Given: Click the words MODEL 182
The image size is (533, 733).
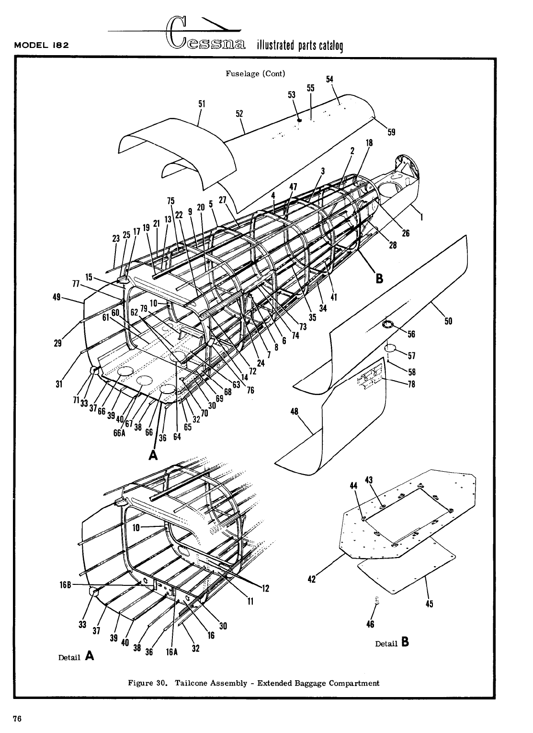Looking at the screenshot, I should click(42, 46).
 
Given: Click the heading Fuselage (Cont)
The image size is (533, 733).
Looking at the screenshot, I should click(255, 74).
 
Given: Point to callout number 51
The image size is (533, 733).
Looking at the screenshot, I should click(202, 103).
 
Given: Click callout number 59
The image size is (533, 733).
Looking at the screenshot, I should click(391, 132).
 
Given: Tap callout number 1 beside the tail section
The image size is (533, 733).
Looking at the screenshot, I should click(421, 217).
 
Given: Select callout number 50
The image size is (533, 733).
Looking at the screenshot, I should click(449, 321).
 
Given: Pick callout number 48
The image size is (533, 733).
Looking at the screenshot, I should click(295, 411).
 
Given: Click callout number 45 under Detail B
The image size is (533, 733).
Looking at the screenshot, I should click(429, 604).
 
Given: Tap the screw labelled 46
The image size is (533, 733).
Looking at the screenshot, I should click(376, 600).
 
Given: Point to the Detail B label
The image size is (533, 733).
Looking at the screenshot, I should click(392, 643).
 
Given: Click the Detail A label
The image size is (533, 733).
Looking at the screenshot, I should click(76, 657).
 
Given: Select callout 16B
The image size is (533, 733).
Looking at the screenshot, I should click(66, 585).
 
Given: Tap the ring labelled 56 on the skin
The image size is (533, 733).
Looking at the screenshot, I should click(387, 326).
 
